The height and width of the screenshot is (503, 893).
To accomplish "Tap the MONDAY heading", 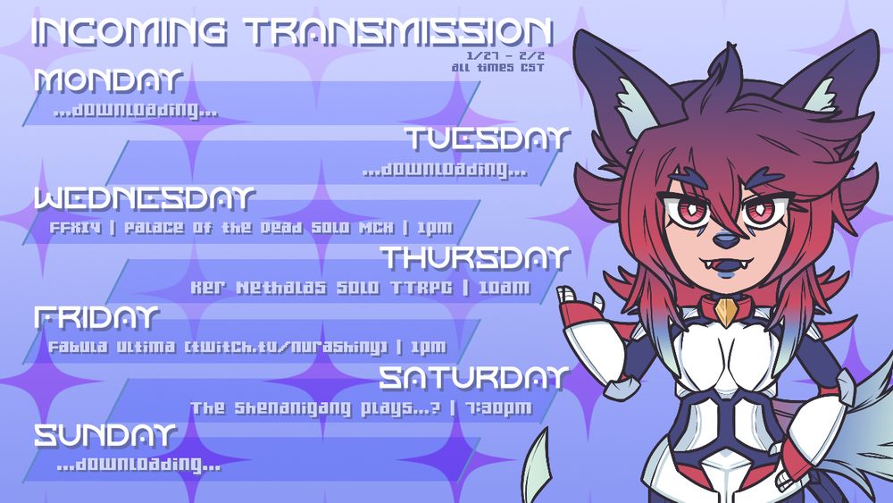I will click(x=108, y=80).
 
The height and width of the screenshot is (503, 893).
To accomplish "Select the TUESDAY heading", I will click(x=487, y=139).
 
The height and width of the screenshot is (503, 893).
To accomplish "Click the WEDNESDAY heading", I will click(x=145, y=198).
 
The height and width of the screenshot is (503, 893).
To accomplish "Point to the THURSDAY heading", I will click(x=475, y=258).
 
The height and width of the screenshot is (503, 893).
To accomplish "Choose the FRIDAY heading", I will click(x=96, y=318).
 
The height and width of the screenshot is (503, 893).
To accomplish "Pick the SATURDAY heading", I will click(x=473, y=378).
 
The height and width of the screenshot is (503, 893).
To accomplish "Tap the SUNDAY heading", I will click(x=104, y=436).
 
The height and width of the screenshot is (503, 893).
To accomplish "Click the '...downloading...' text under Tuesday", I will click(x=445, y=170).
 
